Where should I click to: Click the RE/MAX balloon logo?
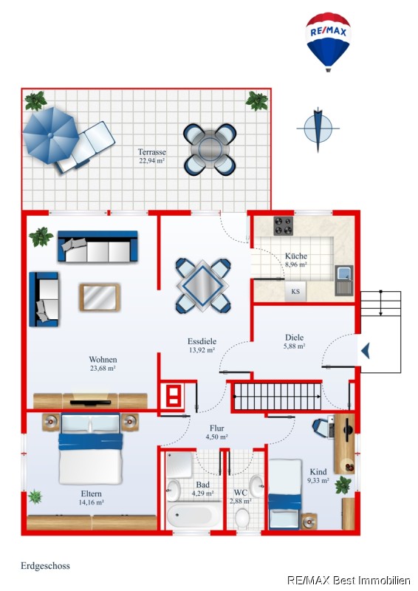pyautogui.click(x=328, y=41)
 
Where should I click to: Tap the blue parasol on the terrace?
pyautogui.click(x=50, y=135)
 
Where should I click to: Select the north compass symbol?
pyautogui.click(x=318, y=129)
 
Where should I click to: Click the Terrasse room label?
pyautogui.click(x=151, y=152)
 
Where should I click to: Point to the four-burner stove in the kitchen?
pyautogui.click(x=284, y=226)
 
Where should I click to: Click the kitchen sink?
pyautogui.click(x=344, y=280)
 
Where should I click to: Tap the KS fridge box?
pyautogui.click(x=295, y=291)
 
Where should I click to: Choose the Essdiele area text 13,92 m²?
pyautogui.click(x=202, y=350)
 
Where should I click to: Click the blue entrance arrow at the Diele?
pyautogui.click(x=366, y=351)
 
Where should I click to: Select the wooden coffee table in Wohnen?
pyautogui.click(x=100, y=298)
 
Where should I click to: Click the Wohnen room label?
pyautogui.click(x=103, y=359)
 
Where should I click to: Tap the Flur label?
pyautogui.click(x=216, y=428)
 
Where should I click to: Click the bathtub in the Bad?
pyautogui.click(x=194, y=515)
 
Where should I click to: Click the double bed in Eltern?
pyautogui.click(x=91, y=448)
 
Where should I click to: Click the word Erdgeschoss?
pyautogui.click(x=45, y=566)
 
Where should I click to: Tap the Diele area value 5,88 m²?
pyautogui.click(x=295, y=346)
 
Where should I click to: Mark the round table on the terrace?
pyautogui.click(x=210, y=149)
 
